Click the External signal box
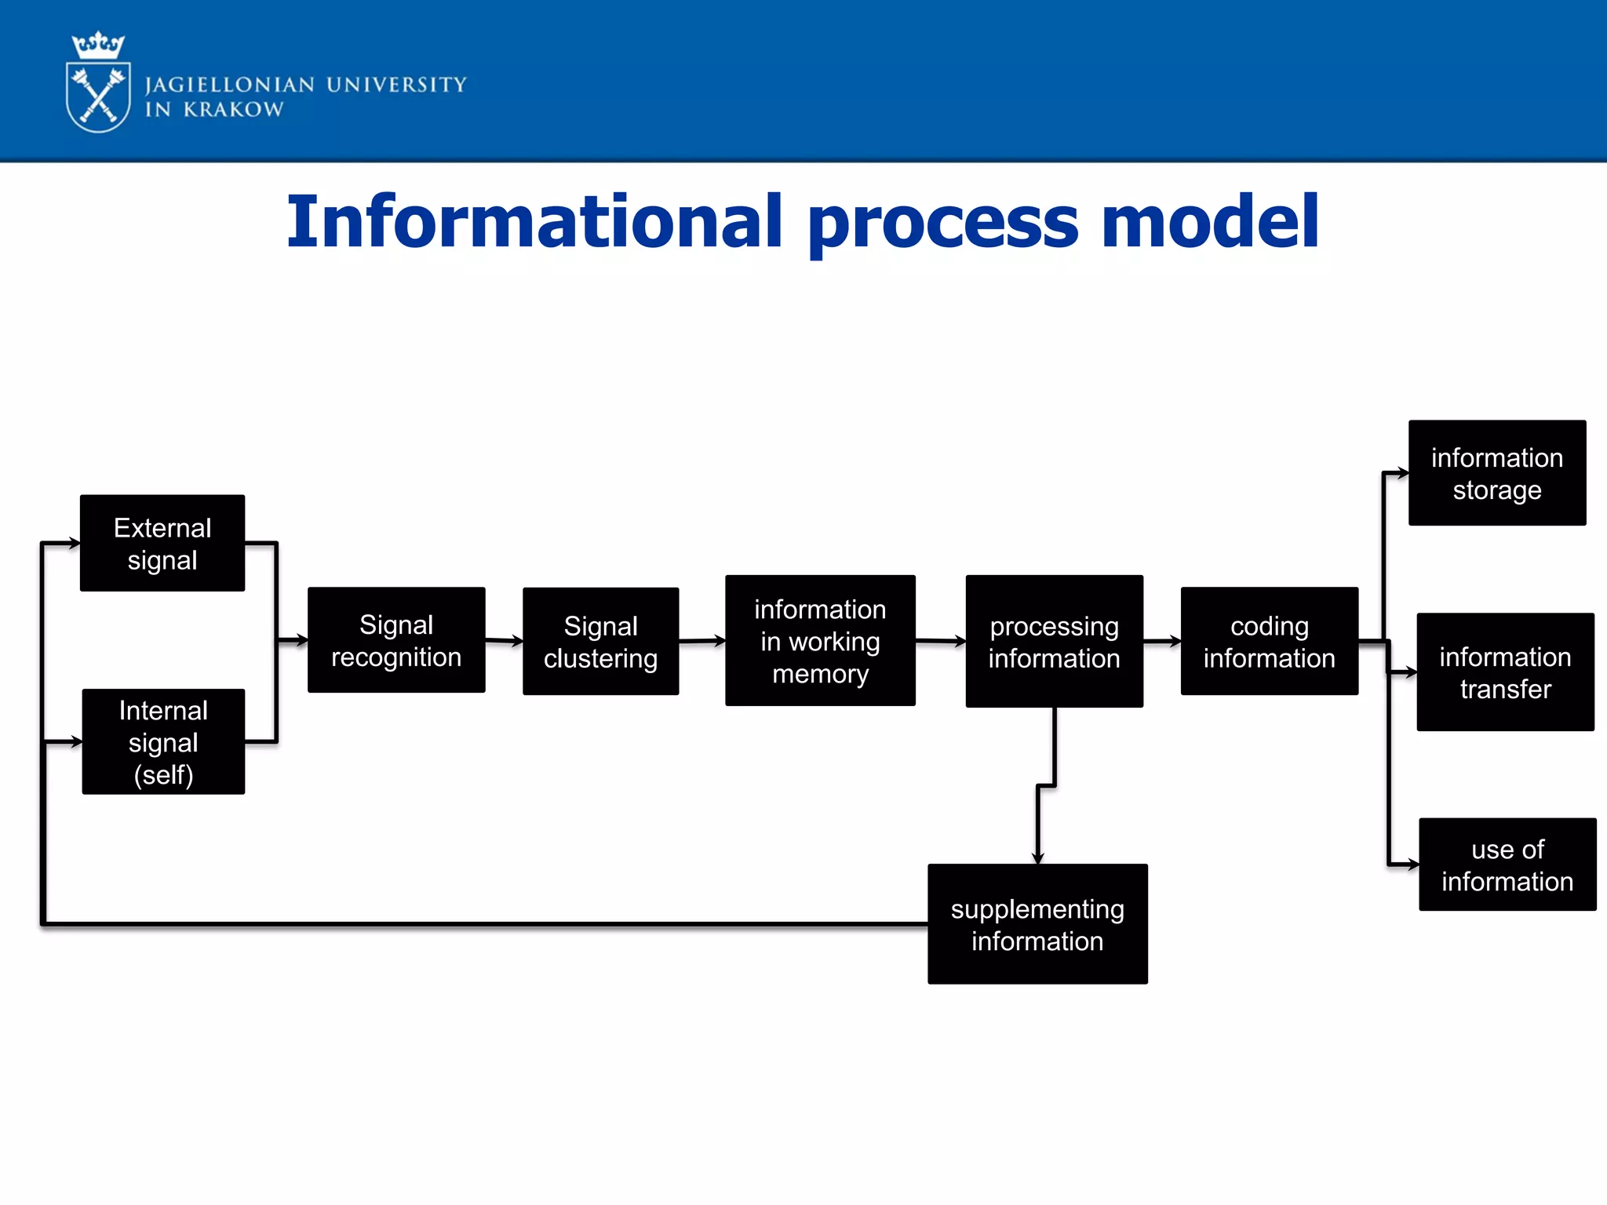coord(162,543)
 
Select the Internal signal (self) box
coord(163,741)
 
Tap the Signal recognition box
coord(396,640)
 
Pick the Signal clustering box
coord(600,641)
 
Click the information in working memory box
coord(820,641)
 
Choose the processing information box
coord(1054,641)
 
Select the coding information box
coord(1269,641)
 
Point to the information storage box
coord(1496,473)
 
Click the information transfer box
coord(1504,672)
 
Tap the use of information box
coord(1507,865)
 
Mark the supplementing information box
coord(1037,924)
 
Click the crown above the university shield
coord(98,46)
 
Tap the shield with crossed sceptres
coord(98,98)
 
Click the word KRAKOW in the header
coord(233,110)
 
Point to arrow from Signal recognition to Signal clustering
coord(504,641)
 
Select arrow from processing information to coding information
coord(1162,642)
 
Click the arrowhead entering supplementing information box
coord(1037,858)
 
